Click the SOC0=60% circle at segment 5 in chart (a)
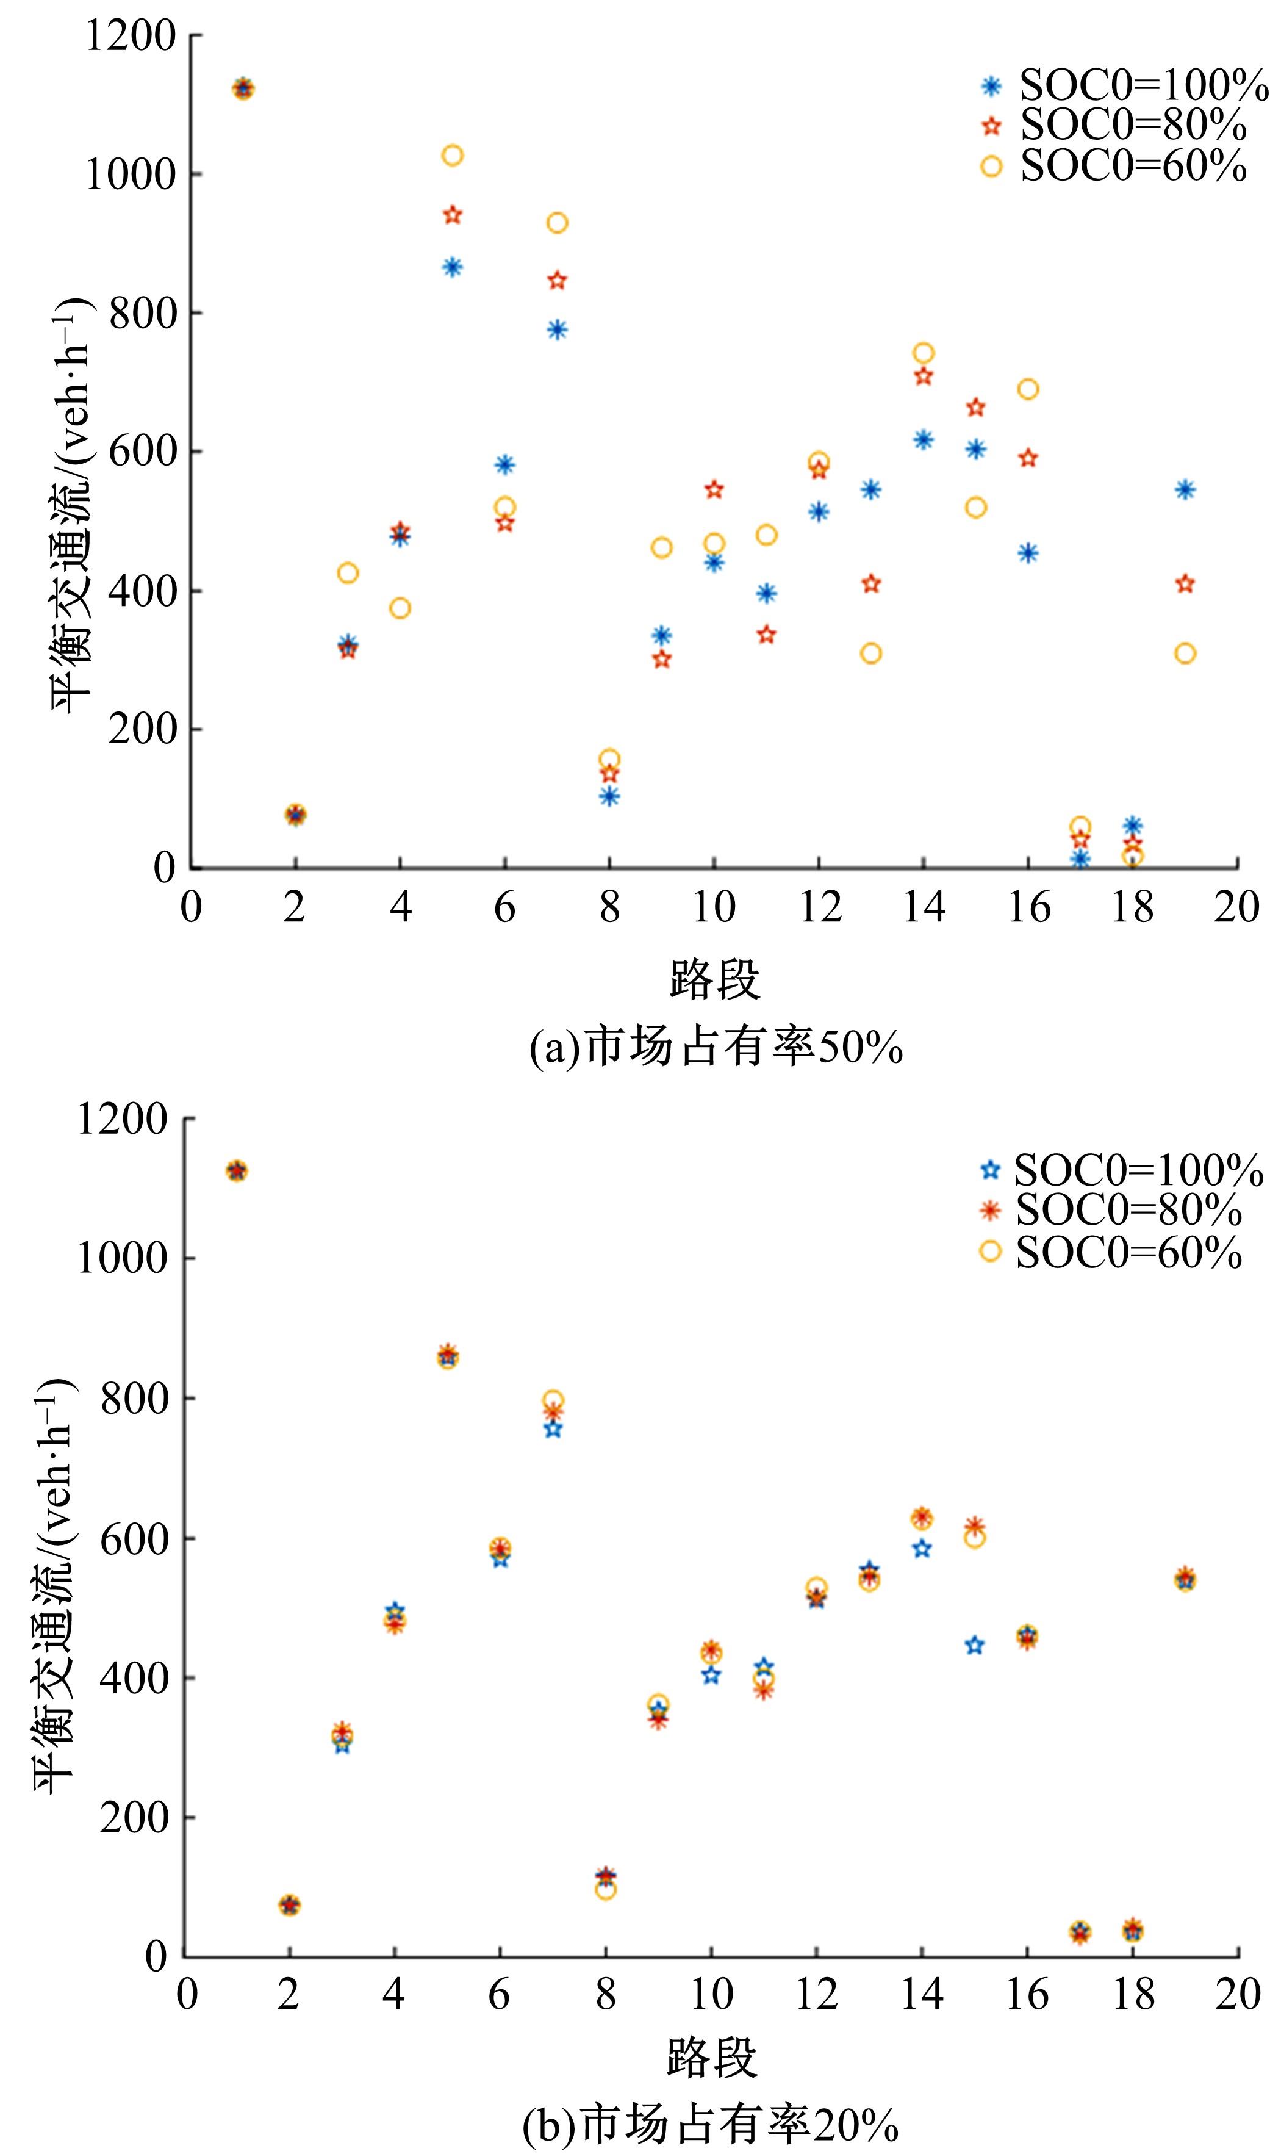453,155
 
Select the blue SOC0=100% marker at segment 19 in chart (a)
1185,490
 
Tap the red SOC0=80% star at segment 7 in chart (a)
557,281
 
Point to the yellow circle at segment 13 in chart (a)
871,654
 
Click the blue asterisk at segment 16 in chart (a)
1028,553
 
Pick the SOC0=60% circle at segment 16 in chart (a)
1028,389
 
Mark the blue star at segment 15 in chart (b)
975,1644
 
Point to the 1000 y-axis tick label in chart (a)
130,175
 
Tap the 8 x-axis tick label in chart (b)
606,1994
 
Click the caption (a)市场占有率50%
716,1048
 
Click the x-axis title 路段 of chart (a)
714,979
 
